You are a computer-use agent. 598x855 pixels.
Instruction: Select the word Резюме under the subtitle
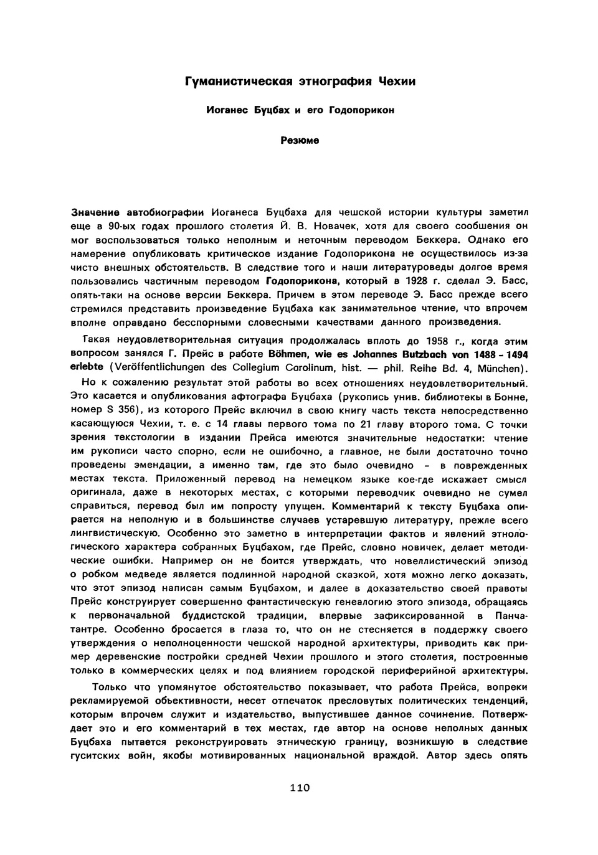[x=300, y=141]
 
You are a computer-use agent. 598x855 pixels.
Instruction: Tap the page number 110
[x=300, y=788]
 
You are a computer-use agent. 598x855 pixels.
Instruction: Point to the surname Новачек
[x=337, y=225]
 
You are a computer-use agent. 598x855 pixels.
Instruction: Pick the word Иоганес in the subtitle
[x=227, y=110]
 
